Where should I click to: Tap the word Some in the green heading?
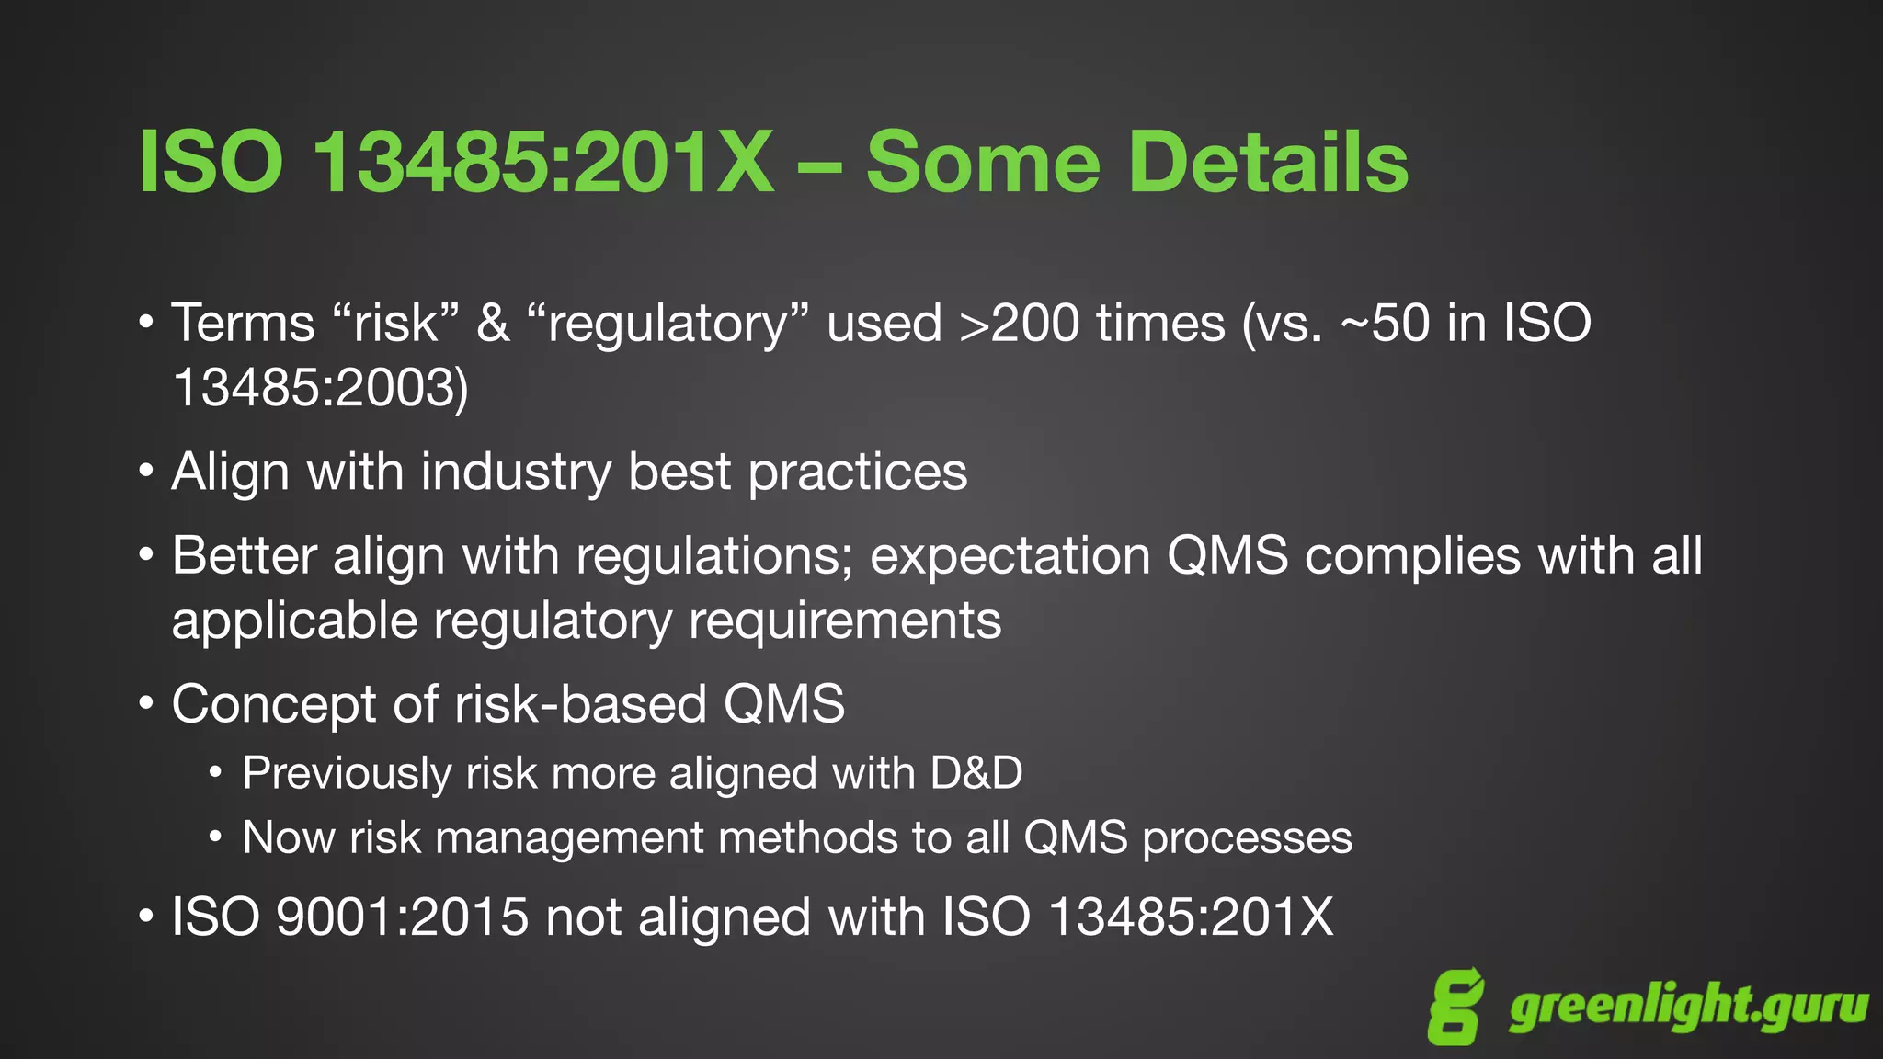coord(983,162)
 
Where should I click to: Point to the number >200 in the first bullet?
coord(1019,324)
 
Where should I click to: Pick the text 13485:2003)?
coord(320,388)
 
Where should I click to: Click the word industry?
coord(516,473)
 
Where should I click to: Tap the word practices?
coord(857,473)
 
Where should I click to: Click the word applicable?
coord(294,622)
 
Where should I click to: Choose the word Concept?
coord(273,705)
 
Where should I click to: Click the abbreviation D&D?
coord(976,773)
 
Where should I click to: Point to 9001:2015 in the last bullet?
coord(402,917)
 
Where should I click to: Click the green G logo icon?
coord(1455,1007)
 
